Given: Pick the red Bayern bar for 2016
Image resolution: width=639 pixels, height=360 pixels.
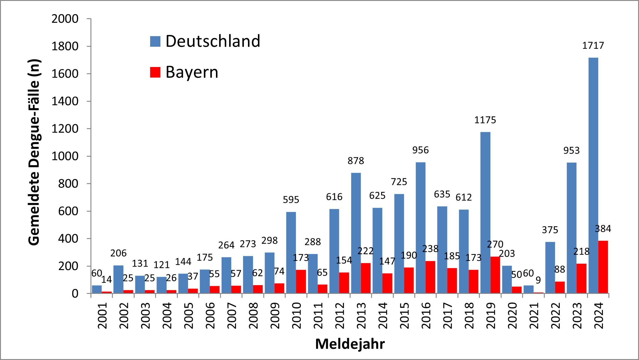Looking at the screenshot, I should click(430, 277).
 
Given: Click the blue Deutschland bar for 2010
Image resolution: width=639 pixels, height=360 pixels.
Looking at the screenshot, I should click(291, 252).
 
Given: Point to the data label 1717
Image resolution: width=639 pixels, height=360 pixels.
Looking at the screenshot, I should click(593, 46).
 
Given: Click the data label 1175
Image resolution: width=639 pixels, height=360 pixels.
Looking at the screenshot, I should click(485, 120).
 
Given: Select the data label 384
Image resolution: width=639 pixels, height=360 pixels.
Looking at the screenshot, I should click(603, 229).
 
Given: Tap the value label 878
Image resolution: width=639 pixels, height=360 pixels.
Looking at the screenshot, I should click(356, 161).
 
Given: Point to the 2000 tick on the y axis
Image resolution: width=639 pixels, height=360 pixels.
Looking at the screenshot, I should click(65, 19).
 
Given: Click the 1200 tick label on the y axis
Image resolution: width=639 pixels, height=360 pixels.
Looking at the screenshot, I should click(65, 129).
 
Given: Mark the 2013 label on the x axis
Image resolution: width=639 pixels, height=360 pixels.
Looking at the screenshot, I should click(361, 316).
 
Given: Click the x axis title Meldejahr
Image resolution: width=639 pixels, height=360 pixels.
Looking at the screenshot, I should click(350, 344).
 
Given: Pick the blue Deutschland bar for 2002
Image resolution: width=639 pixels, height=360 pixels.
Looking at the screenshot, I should click(118, 279).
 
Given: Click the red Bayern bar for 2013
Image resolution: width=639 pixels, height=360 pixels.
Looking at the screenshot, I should click(365, 278).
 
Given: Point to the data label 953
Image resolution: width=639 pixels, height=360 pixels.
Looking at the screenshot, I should click(571, 150).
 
